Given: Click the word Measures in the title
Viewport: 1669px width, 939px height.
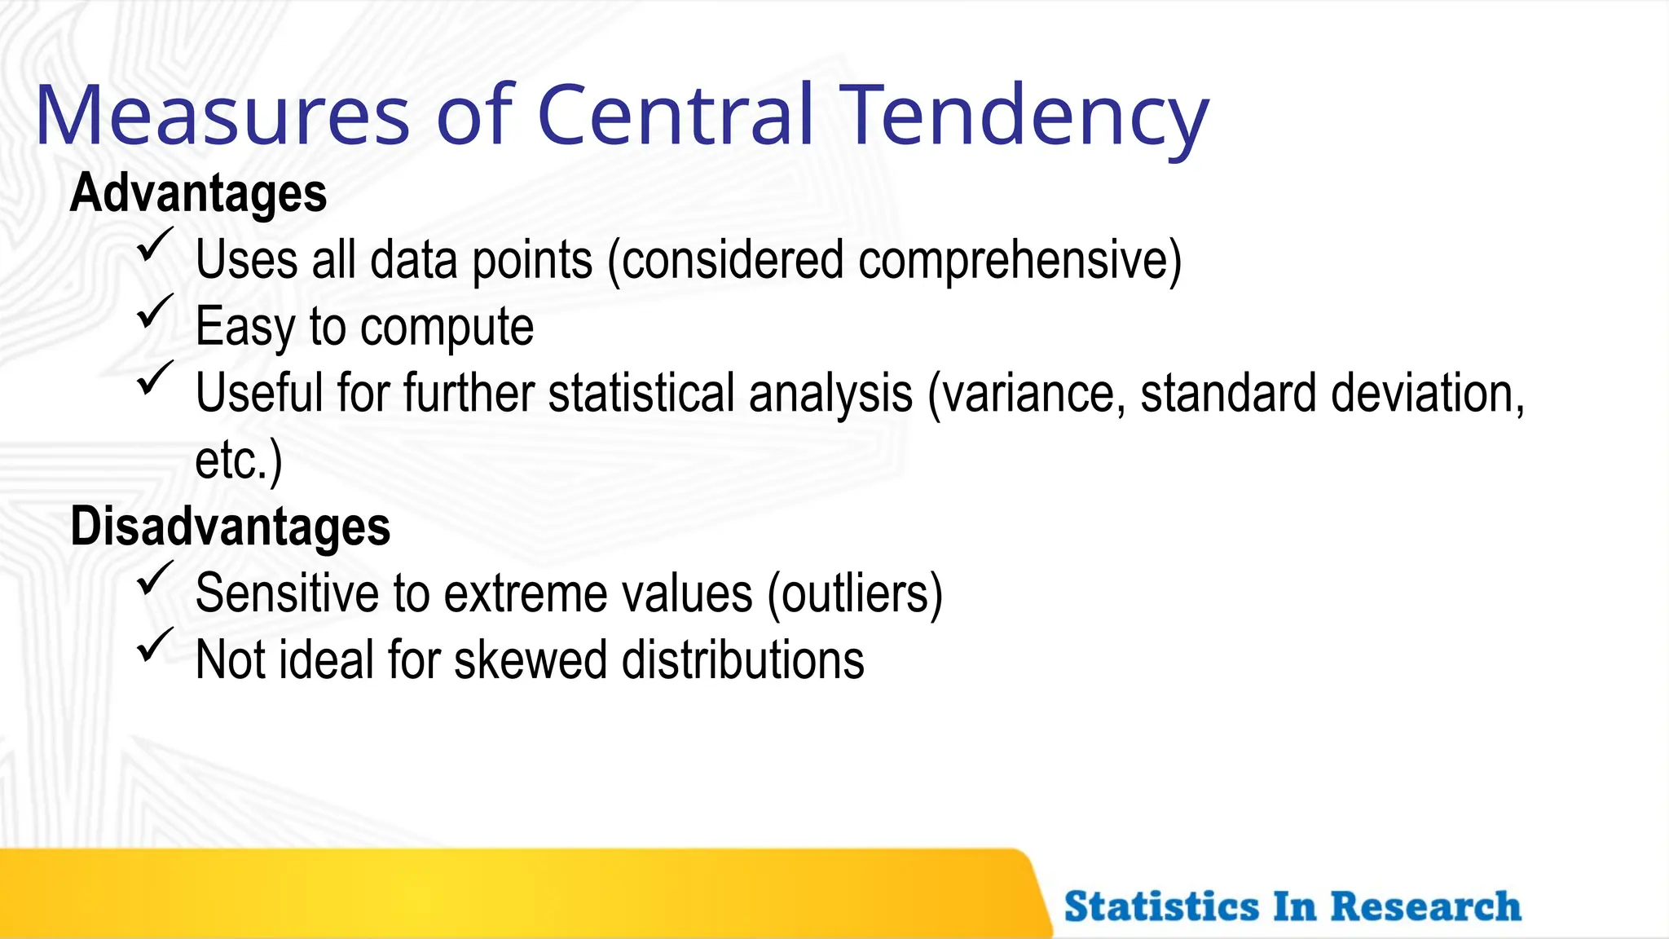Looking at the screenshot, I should [222, 116].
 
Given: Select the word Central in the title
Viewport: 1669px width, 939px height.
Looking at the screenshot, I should [675, 116].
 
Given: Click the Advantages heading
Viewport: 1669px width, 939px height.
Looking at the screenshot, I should [198, 193].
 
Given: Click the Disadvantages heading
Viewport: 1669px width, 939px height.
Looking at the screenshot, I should [230, 527].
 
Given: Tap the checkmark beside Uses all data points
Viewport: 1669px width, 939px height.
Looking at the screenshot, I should [154, 245].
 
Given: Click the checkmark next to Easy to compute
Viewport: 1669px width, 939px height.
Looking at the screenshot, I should [154, 312].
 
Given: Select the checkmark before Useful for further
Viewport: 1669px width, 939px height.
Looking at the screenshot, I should [154, 379].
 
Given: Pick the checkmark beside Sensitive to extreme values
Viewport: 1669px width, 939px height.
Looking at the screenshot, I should [154, 579].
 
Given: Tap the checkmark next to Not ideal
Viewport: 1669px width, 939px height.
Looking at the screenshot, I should [154, 646].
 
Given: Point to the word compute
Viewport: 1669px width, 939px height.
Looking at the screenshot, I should [447, 328].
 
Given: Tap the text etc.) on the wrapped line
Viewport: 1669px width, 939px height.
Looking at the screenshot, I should [238, 461].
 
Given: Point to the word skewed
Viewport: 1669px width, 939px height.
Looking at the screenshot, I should [530, 660].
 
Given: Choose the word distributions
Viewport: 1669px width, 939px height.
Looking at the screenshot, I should [742, 660].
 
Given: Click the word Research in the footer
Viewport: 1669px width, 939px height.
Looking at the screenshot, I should [1425, 906].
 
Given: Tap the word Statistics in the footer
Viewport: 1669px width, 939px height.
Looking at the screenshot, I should [1161, 906].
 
